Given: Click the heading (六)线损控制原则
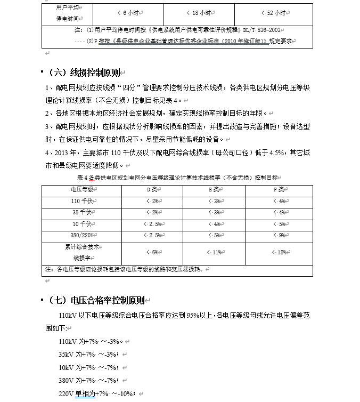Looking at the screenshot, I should (87, 73).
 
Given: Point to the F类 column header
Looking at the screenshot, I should (279, 189).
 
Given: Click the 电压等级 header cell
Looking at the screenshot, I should (83, 189).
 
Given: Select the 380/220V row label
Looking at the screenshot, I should (83, 235).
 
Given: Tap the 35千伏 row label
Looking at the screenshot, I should (83, 212).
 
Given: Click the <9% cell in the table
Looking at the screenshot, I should (279, 235).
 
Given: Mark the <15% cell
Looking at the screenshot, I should (279, 252).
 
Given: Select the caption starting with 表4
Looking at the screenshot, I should (177, 177).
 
